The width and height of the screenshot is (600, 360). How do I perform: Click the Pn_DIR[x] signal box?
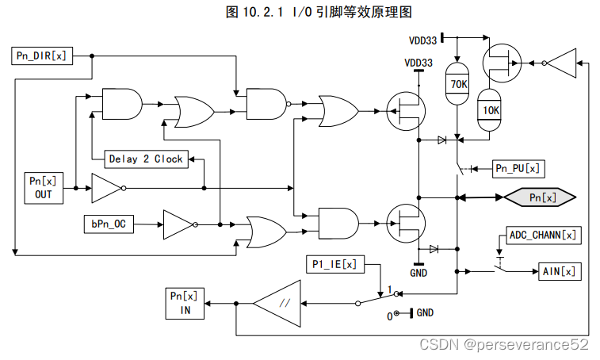coord(42,56)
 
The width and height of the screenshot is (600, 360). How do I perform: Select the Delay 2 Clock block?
coord(145,159)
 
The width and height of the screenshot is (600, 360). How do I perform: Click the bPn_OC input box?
coord(108,224)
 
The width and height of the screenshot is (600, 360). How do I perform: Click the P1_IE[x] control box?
coord(335,263)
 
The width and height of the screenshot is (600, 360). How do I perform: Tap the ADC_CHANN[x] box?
coord(543,236)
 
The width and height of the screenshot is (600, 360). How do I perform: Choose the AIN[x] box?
coord(560,271)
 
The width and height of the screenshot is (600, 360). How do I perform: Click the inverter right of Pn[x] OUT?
coord(105,189)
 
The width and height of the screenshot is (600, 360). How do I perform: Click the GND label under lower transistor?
coord(418,273)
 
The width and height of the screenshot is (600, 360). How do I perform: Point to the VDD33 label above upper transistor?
coord(418,63)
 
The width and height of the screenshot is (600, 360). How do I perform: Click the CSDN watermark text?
coord(504,344)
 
